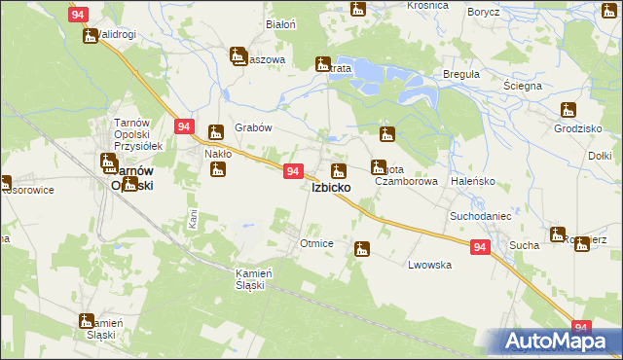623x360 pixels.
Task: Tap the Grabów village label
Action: pyautogui.click(x=253, y=127)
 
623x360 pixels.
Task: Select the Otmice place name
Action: pyautogui.click(x=317, y=243)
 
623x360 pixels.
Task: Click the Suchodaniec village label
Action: pyautogui.click(x=480, y=213)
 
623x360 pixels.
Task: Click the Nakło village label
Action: pyautogui.click(x=216, y=154)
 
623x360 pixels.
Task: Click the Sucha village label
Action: pyautogui.click(x=524, y=245)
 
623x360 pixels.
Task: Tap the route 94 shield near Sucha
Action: pyautogui.click(x=479, y=248)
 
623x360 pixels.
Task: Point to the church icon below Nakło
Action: pyautogui.click(x=218, y=171)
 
